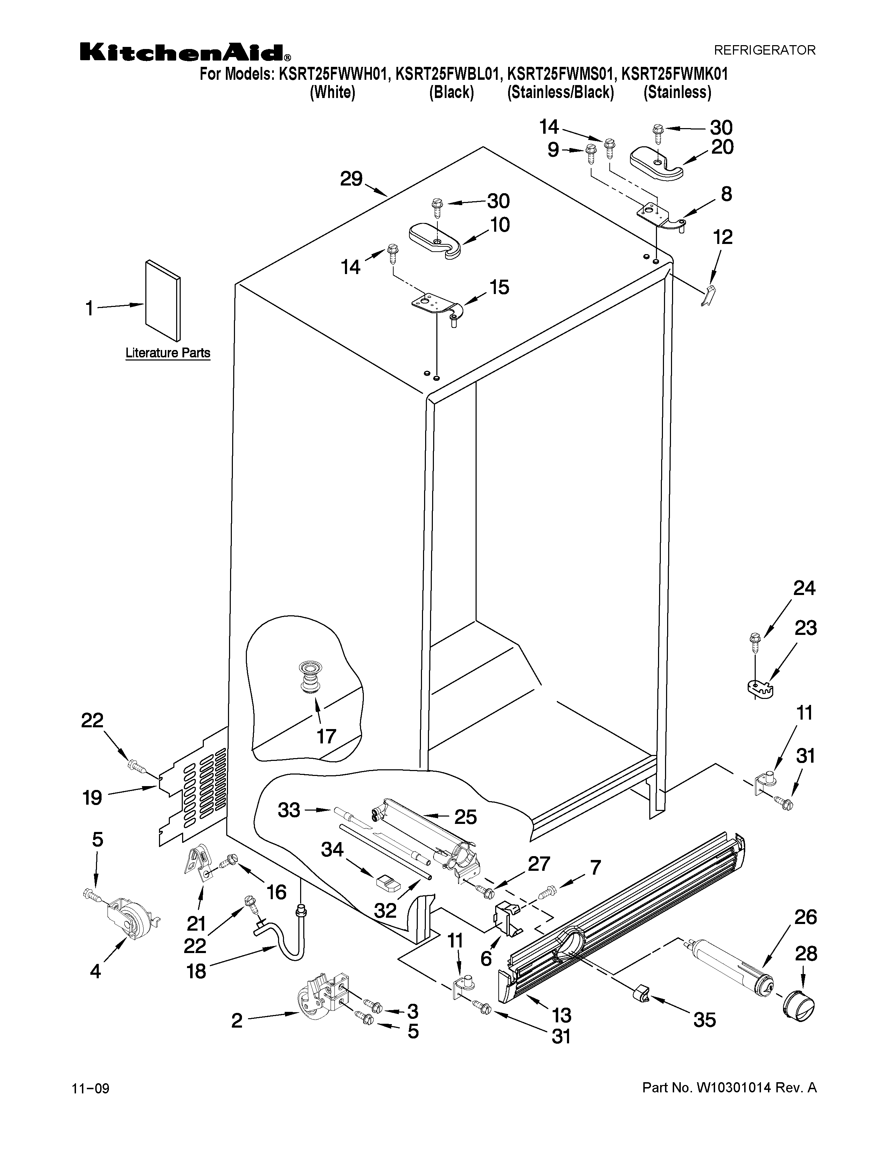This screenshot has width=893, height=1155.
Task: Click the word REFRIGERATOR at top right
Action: point(764,50)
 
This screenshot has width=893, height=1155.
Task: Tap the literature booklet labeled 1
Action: point(162,301)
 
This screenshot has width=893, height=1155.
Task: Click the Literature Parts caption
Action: point(168,353)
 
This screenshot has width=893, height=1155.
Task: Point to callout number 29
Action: point(351,179)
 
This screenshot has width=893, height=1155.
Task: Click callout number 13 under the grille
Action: point(561,1015)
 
